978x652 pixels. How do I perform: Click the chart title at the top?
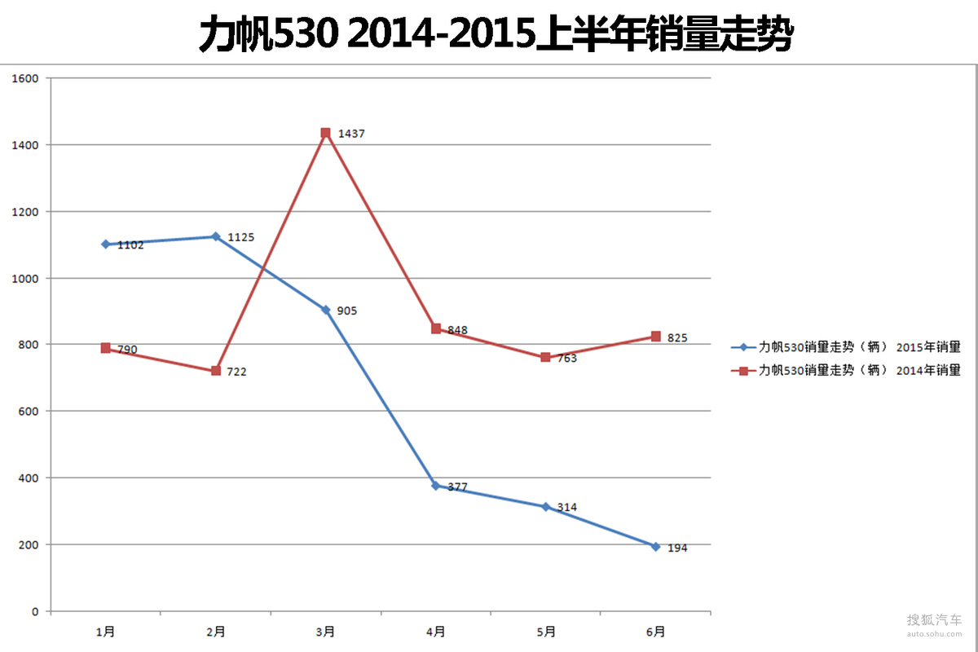496,35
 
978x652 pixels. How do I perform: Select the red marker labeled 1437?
325,133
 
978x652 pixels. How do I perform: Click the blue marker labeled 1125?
216,236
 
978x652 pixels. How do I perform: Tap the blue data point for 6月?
655,546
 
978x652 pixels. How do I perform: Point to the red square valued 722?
216,371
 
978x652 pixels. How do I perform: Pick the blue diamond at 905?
325,310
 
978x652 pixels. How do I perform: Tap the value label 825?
677,337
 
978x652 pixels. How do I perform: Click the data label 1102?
130,244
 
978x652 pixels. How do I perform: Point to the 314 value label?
566,507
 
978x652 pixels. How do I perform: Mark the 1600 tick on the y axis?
26,79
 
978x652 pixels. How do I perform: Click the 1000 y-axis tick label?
26,279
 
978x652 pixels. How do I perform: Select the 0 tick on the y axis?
35,611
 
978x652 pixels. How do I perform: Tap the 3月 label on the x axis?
325,632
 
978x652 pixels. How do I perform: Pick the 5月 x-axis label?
546,632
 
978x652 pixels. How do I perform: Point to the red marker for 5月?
545,357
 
